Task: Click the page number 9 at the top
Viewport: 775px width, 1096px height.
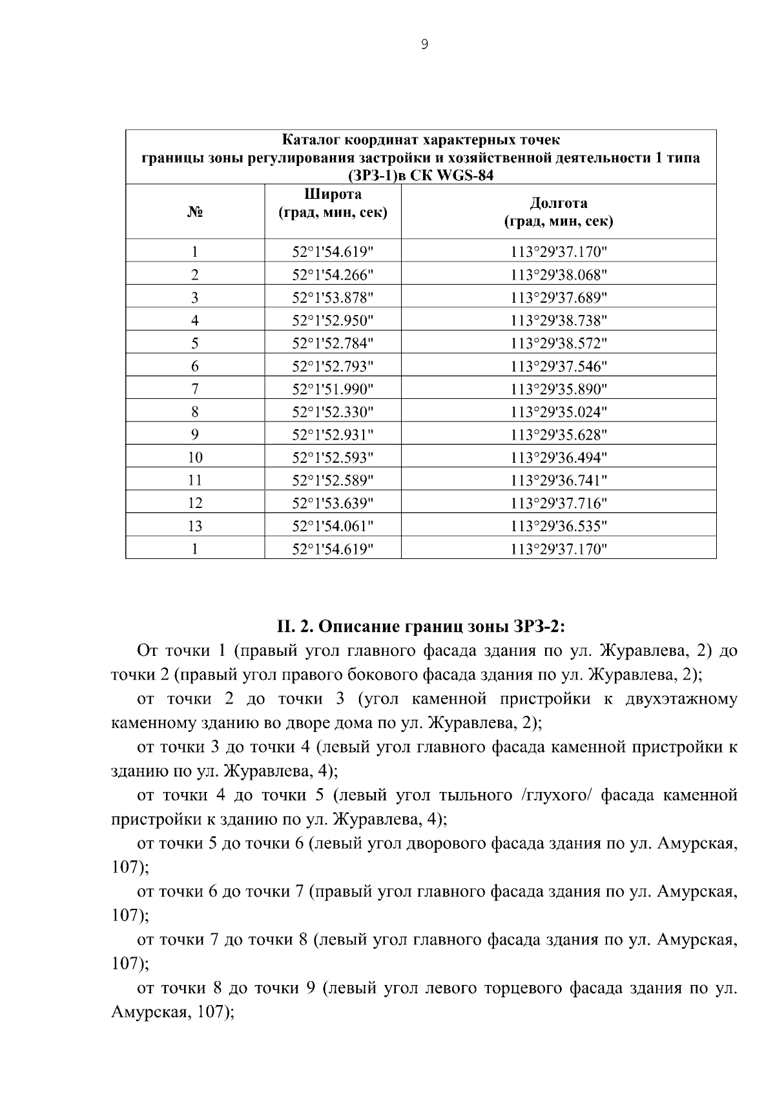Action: [424, 45]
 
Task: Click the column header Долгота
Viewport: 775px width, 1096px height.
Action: [559, 203]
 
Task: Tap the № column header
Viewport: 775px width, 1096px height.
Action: [195, 212]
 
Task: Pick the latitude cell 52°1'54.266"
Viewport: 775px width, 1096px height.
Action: [333, 275]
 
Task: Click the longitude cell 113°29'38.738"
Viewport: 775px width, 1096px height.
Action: [559, 321]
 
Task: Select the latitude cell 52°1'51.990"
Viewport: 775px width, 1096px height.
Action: [333, 389]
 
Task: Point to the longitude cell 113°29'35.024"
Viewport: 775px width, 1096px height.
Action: [559, 412]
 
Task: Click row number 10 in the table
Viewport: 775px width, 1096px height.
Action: [195, 458]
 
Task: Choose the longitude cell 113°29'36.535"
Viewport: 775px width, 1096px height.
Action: [559, 526]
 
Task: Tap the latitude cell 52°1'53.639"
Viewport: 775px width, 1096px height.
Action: [333, 503]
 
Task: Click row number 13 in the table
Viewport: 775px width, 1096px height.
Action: [195, 526]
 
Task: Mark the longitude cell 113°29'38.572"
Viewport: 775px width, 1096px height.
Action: [559, 343]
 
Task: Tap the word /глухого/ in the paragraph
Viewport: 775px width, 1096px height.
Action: [555, 795]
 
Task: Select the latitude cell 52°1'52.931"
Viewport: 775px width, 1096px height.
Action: [333, 435]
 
